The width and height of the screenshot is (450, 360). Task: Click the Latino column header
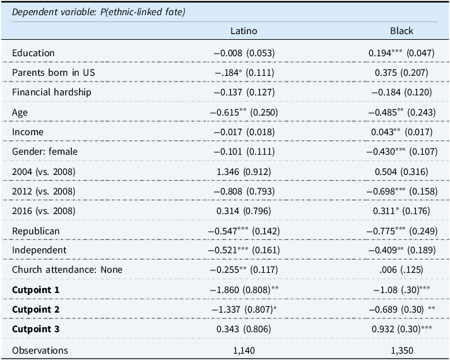tap(244, 31)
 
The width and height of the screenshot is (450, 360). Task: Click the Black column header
tap(401, 31)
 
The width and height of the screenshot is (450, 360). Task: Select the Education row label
tap(33, 53)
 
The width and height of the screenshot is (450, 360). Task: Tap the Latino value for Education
tap(244, 53)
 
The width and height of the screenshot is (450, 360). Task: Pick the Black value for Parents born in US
tap(401, 73)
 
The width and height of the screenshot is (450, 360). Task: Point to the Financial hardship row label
tap(52, 92)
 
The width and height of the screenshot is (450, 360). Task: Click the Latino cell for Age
tap(244, 112)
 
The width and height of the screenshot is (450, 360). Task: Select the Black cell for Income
tap(402, 132)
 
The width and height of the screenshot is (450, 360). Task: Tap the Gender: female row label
tap(45, 152)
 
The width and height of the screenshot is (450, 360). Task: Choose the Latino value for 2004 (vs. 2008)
tap(244, 172)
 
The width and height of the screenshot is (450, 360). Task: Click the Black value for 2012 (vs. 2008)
tap(402, 191)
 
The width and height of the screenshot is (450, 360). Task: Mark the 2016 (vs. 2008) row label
tap(44, 211)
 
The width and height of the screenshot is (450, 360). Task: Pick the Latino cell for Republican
tap(244, 231)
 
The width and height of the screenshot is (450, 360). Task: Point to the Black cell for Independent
tap(402, 250)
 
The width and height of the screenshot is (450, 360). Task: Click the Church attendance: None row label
tap(67, 270)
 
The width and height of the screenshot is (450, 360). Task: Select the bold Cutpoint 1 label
tap(35, 290)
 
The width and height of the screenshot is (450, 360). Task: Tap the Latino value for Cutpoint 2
tap(244, 309)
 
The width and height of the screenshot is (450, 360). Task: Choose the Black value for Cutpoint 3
tap(402, 329)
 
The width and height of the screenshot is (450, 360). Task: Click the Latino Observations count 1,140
tap(244, 351)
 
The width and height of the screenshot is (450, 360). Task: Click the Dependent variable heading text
tap(98, 12)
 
